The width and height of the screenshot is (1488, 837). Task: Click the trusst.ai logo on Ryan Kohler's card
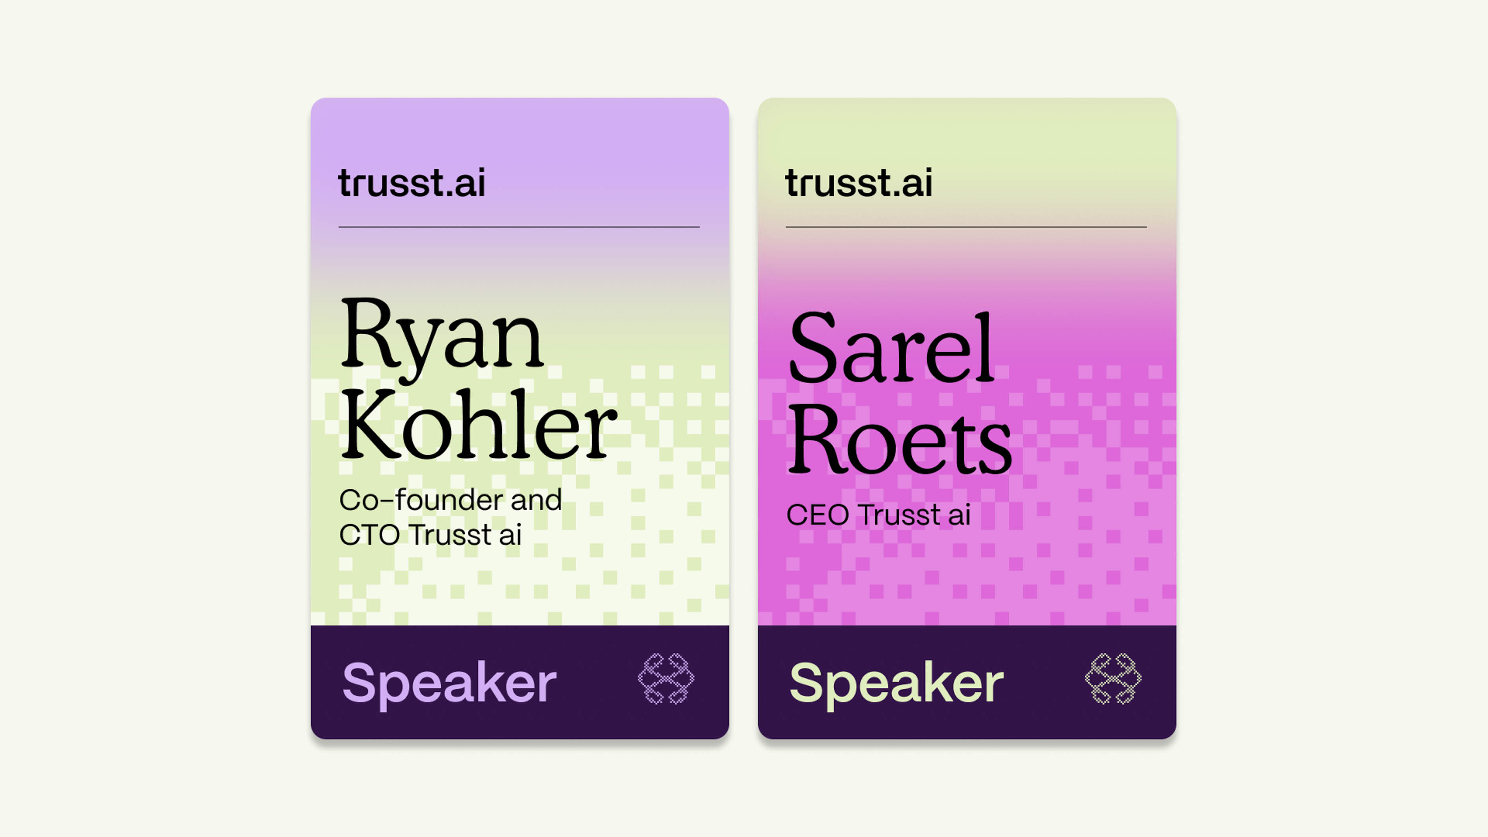tap(411, 183)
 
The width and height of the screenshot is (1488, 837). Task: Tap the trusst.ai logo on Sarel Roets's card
tap(858, 183)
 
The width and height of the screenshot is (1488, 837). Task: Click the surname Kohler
tap(478, 425)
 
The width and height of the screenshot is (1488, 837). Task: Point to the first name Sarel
tap(891, 347)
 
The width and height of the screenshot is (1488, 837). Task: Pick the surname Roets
tap(899, 438)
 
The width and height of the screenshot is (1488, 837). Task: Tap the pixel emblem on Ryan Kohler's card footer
tap(666, 679)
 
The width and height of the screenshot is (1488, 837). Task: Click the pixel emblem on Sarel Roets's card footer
tap(1113, 679)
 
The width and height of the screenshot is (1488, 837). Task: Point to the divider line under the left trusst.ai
tap(519, 227)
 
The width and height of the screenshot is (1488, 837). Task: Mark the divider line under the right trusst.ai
tap(966, 227)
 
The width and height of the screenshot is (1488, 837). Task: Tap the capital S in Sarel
tap(813, 347)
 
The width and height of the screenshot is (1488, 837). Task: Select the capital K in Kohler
tap(370, 425)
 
